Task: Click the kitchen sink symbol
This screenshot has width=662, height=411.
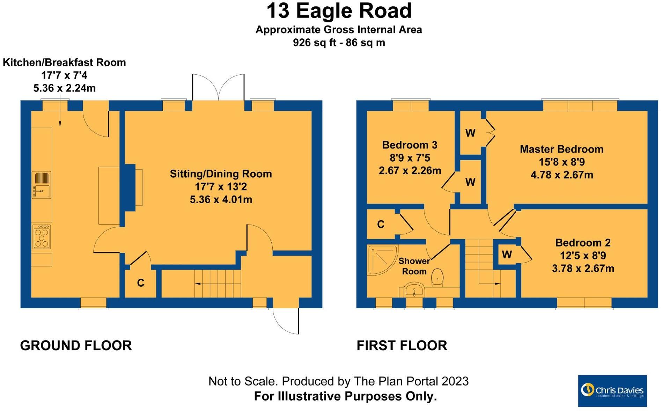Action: coord(42,185)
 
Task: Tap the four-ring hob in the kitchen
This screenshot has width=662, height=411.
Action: coord(42,237)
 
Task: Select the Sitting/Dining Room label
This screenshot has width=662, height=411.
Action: coord(221,174)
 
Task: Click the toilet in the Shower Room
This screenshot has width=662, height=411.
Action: coord(437,277)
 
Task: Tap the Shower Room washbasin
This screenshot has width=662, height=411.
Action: coord(414,290)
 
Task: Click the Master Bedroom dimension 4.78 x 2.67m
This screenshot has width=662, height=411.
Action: coord(561,175)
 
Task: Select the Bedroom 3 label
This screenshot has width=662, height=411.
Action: coord(409,145)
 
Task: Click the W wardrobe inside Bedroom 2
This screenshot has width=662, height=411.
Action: coord(507,255)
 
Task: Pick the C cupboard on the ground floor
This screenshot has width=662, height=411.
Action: coord(141,283)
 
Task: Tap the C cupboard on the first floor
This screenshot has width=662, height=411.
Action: coord(381,225)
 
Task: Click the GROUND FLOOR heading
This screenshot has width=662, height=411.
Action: coord(76,346)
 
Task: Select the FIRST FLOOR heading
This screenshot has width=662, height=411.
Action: coord(402,346)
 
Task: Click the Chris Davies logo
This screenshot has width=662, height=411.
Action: coord(612,391)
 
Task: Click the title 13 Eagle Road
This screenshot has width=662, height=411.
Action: coord(339,11)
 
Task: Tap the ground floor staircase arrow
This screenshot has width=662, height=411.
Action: coord(198,284)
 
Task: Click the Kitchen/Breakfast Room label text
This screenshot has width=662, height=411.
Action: coord(64,63)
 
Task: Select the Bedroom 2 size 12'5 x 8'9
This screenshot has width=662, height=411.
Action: coord(583,256)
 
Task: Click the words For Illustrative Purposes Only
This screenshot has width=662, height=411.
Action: coord(345,397)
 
